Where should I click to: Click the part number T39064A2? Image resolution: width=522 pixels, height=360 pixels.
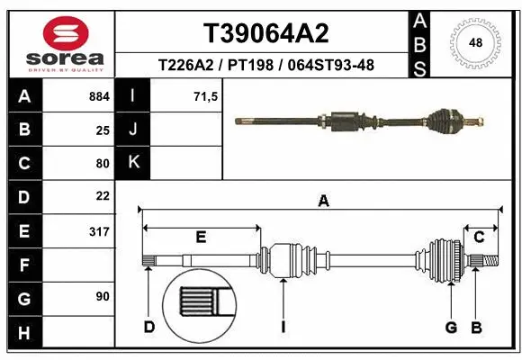265,33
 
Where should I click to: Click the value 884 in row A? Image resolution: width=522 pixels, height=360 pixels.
98,94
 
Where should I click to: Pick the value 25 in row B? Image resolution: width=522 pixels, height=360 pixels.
103,129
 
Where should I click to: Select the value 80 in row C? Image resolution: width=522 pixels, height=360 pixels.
103,163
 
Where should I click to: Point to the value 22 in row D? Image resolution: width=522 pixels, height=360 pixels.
103,195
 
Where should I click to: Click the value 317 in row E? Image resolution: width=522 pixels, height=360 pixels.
98,231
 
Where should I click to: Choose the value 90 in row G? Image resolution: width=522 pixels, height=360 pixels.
103,296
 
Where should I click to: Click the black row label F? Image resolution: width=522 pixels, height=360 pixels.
23,265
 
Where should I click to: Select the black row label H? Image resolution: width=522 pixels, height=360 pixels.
23,334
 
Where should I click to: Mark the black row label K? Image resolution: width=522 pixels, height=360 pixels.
134,163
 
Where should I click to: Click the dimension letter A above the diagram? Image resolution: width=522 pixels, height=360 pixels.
323,202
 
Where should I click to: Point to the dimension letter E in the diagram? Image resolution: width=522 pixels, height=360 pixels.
202,237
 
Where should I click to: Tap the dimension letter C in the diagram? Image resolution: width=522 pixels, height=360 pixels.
480,237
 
